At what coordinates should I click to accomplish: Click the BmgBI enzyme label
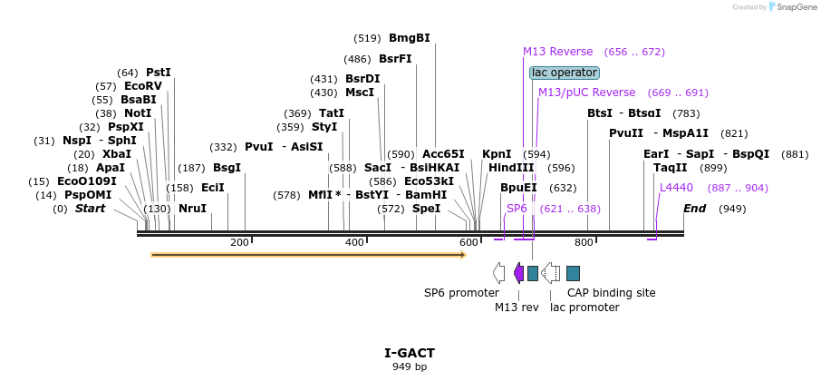point(409,38)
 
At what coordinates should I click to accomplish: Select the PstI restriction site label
point(159,73)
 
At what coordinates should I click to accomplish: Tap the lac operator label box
point(564,73)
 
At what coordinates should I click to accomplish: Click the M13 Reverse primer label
point(557,52)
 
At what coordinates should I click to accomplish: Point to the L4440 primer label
point(676,188)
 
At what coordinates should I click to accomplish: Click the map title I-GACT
point(410,352)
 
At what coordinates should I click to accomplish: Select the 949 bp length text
point(410,366)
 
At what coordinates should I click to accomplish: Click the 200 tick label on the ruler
point(239,242)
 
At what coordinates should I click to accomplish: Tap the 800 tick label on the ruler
point(584,242)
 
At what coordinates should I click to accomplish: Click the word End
point(694,209)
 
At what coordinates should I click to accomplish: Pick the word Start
point(90,209)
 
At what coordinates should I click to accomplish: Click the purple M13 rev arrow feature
point(518,272)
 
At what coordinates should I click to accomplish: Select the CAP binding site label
point(611,293)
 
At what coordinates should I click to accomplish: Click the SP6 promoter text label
point(461,293)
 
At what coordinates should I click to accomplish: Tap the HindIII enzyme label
point(511,168)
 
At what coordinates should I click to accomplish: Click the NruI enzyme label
point(192,209)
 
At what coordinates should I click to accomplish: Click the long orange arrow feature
point(308,255)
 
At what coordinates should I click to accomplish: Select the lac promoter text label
point(584,308)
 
